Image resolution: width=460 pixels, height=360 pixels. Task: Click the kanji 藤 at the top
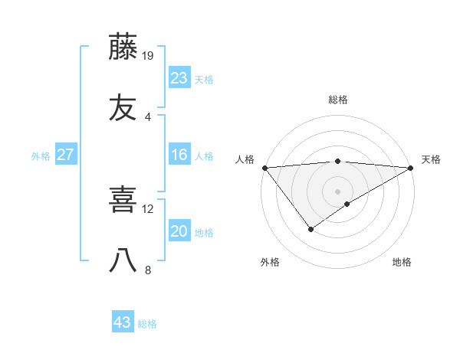[x=123, y=47]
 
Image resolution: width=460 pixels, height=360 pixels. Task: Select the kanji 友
[x=123, y=108]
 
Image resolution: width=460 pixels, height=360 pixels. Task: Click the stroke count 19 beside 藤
[x=149, y=55]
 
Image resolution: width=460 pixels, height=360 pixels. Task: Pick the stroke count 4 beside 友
[x=148, y=116]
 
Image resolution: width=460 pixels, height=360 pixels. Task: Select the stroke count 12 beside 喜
[x=148, y=208]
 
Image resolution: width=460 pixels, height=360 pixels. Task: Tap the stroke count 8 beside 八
[x=148, y=270]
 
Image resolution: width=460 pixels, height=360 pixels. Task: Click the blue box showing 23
[x=179, y=78]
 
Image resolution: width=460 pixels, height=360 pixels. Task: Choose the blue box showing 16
[x=179, y=155]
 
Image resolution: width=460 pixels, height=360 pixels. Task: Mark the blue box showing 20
[x=179, y=231]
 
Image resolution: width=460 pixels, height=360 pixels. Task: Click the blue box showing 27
[x=66, y=155]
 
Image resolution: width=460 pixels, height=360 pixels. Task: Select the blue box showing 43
[x=123, y=322]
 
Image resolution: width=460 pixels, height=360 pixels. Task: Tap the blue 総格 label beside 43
[x=147, y=324]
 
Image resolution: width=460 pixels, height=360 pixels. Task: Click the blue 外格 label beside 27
[x=41, y=156]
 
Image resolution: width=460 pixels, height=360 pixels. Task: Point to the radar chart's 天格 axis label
[x=431, y=159]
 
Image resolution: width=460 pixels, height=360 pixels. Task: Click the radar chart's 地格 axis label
[x=402, y=262]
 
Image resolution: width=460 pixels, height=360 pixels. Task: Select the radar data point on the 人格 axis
[x=264, y=168]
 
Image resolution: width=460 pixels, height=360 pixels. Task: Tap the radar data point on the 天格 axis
[x=411, y=168]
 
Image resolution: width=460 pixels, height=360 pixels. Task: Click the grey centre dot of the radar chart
[x=337, y=191]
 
